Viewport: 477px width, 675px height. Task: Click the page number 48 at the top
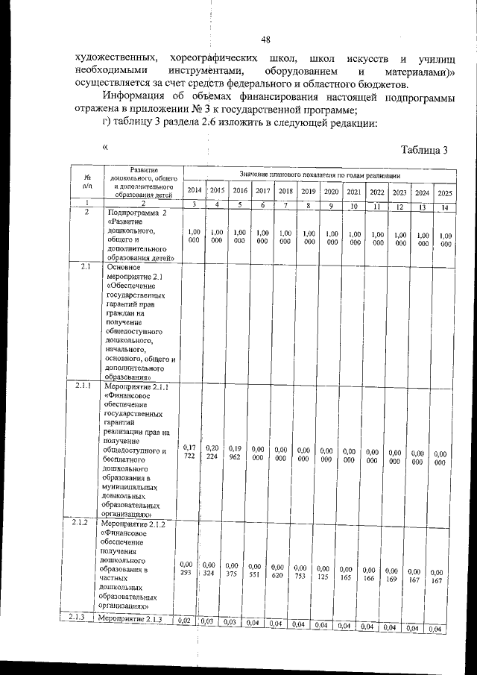[265, 40]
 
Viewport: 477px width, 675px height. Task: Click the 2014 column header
[194, 192]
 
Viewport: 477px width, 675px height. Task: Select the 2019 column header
[308, 192]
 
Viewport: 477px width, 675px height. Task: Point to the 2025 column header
[445, 193]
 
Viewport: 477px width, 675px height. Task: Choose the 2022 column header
[377, 192]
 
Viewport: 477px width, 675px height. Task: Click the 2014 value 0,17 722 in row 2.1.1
[190, 450]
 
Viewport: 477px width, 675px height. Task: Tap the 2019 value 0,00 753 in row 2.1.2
[301, 572]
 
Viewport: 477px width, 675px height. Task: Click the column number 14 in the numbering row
[444, 207]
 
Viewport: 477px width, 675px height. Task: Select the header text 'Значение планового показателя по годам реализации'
[319, 173]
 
